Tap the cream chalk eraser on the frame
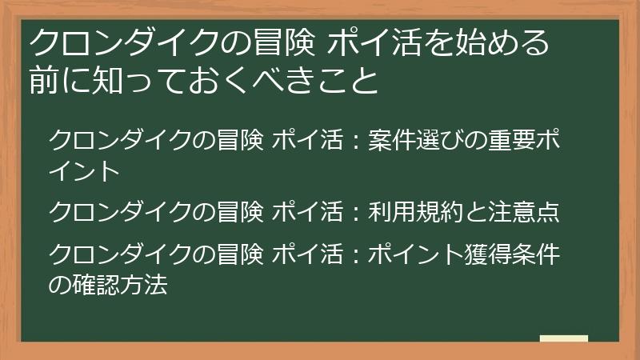click(563, 339)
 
